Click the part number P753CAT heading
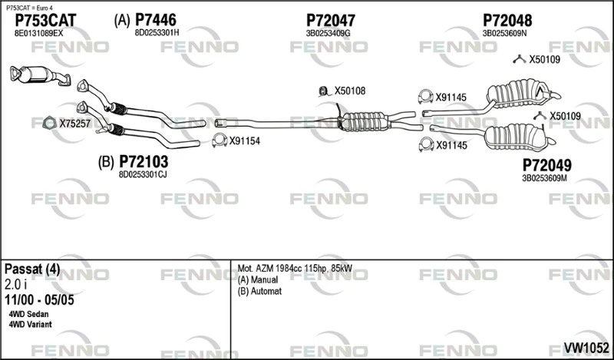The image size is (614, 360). pyautogui.click(x=45, y=20)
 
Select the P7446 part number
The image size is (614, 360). pyautogui.click(x=156, y=20)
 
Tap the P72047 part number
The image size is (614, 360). pyautogui.click(x=331, y=20)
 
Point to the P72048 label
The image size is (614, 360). pyautogui.click(x=507, y=20)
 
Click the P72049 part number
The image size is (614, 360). pyautogui.click(x=546, y=165)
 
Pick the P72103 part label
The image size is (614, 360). pyautogui.click(x=144, y=161)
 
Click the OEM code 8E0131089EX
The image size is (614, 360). pyautogui.click(x=38, y=33)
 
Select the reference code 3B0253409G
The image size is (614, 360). pyautogui.click(x=328, y=33)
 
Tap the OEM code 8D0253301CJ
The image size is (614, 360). pyautogui.click(x=143, y=175)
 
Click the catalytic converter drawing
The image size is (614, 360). pyautogui.click(x=39, y=75)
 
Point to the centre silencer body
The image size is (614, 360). pyautogui.click(x=364, y=121)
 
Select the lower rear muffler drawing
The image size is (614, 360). pyautogui.click(x=516, y=137)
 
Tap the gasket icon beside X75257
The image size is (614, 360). pyautogui.click(x=49, y=124)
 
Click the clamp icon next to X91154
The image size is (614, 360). pyautogui.click(x=220, y=140)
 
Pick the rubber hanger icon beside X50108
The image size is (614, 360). pyautogui.click(x=323, y=91)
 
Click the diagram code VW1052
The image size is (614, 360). pyautogui.click(x=586, y=348)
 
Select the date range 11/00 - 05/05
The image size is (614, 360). pyautogui.click(x=39, y=300)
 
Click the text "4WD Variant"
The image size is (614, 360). pyautogui.click(x=30, y=325)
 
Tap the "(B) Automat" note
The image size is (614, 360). pyautogui.click(x=259, y=292)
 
